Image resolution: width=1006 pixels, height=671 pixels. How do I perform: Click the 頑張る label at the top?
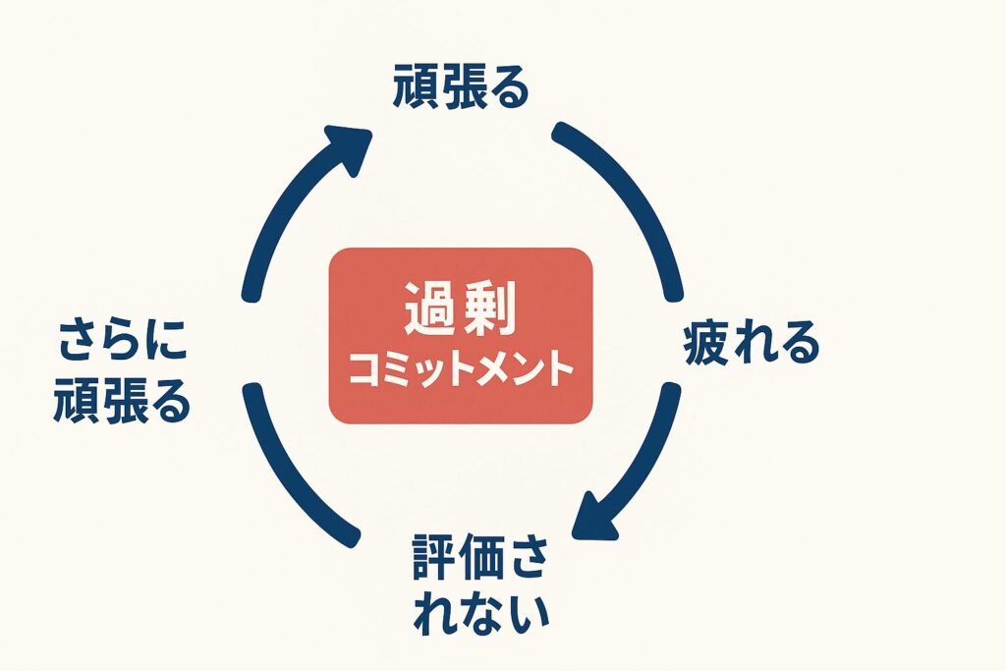(461, 89)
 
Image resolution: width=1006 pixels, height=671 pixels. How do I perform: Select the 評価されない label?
(478, 585)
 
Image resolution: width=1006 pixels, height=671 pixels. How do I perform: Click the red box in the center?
(461, 336)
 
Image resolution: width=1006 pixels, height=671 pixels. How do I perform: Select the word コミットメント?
(461, 372)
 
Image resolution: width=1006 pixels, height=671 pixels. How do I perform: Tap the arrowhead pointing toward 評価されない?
(596, 516)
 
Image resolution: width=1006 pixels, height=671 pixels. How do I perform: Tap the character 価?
(478, 558)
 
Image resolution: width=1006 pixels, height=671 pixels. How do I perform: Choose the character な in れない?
(478, 613)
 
